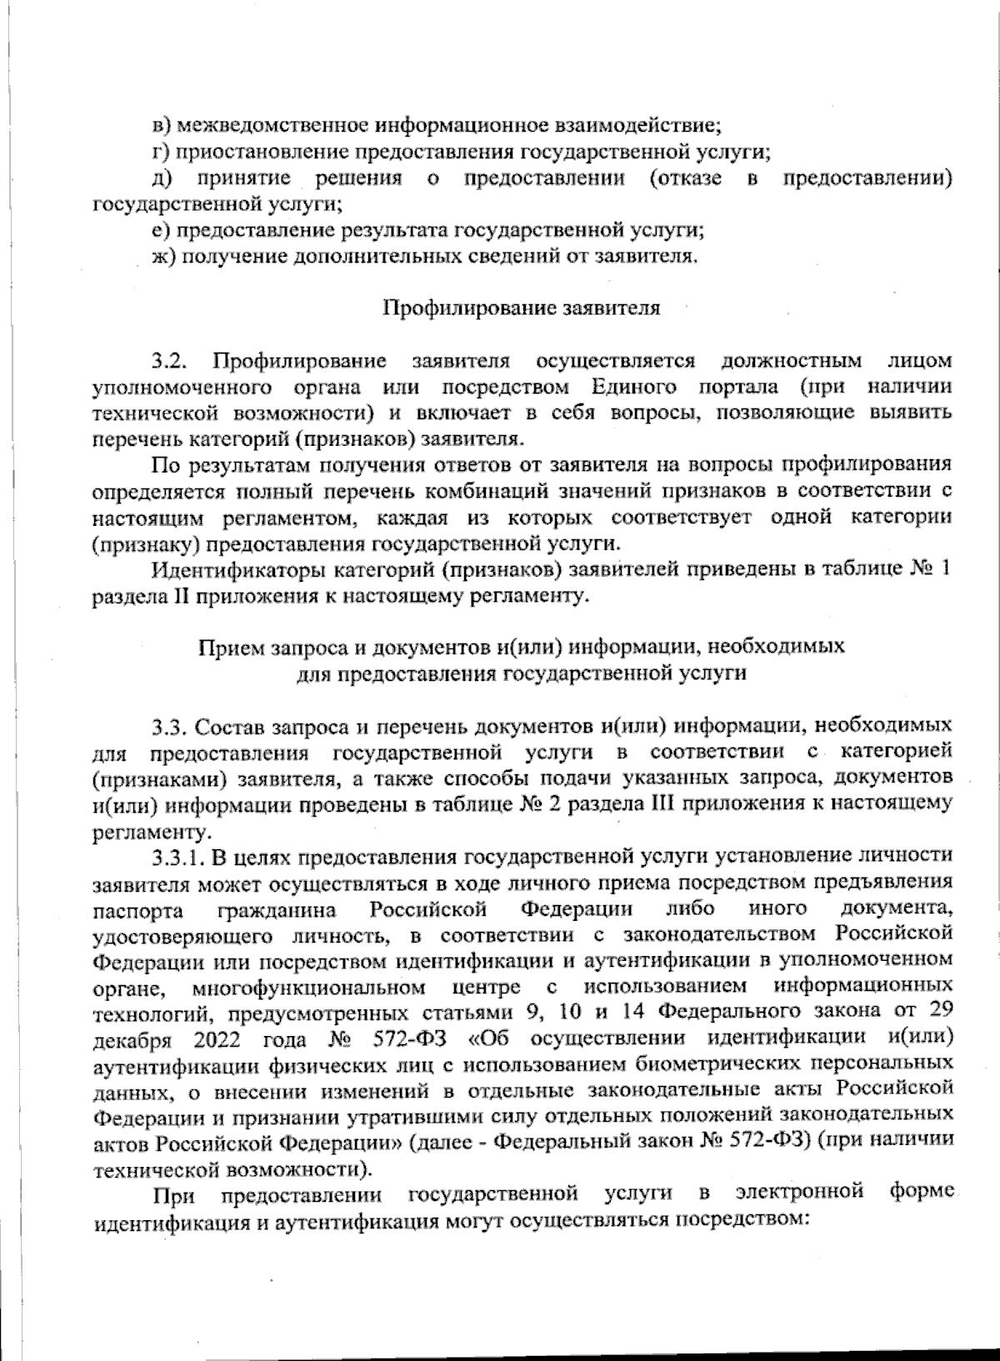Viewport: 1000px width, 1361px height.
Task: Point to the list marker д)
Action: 162,178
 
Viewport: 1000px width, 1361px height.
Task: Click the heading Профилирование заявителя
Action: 522,308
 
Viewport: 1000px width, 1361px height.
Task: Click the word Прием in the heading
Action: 225,647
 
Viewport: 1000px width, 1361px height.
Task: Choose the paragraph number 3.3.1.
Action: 177,857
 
